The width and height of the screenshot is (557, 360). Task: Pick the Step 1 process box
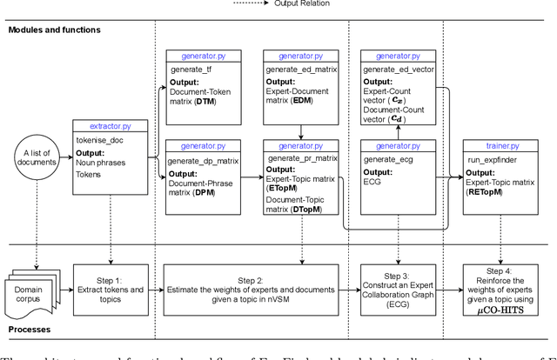click(x=111, y=282)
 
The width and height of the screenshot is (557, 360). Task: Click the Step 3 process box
click(x=398, y=282)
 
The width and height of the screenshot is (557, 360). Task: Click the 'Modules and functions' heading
click(x=54, y=30)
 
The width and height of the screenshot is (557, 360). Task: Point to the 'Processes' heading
click(x=30, y=330)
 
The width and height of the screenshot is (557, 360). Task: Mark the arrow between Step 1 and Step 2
click(x=155, y=282)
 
